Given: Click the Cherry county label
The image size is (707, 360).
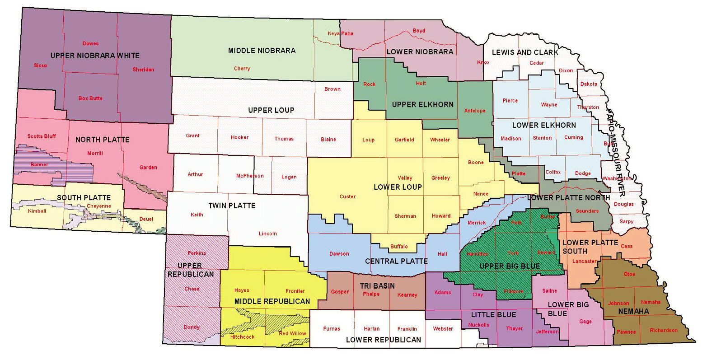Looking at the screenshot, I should [242, 69].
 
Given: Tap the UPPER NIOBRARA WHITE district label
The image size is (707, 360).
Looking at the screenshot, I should [95, 56].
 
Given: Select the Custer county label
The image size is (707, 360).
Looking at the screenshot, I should [347, 196].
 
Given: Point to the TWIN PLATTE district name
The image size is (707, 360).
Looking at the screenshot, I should [232, 206].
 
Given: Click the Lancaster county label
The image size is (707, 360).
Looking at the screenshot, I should [584, 261].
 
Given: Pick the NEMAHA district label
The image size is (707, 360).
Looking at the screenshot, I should [633, 311].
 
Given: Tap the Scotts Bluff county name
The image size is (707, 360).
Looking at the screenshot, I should [42, 136].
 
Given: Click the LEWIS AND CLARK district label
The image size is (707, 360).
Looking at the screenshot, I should [525, 52].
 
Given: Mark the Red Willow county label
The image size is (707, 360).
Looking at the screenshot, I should [292, 333].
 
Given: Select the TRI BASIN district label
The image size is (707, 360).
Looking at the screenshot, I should [377, 286].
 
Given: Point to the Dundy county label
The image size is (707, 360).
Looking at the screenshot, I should [192, 327].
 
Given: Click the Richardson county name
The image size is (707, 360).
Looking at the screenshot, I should [663, 330].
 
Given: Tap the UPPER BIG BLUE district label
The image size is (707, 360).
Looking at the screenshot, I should [509, 266].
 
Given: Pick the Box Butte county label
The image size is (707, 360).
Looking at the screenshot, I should [90, 98].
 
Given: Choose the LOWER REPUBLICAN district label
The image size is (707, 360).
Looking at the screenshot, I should [383, 340].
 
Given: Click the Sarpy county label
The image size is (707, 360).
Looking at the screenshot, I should [626, 222].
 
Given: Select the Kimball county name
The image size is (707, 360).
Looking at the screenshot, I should [37, 211].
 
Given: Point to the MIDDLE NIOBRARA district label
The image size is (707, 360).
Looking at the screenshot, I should [262, 51].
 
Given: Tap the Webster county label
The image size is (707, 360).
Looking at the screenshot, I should [443, 329].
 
